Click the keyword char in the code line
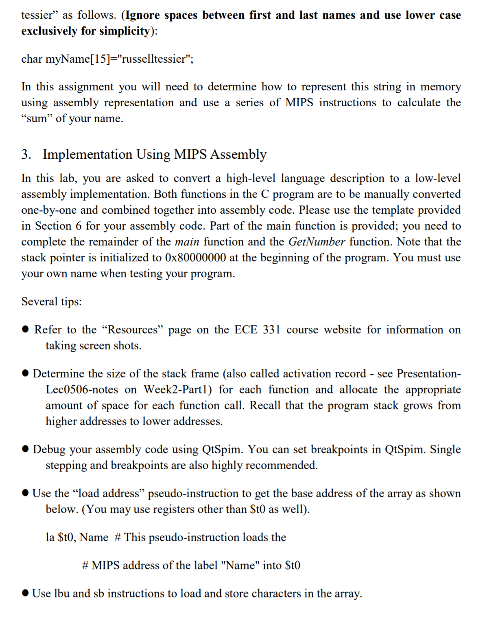[32, 59]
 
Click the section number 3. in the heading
[26, 154]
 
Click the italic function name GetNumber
[317, 242]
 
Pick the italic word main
[187, 242]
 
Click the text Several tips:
[51, 302]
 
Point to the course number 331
[271, 330]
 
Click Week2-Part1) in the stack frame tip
[178, 390]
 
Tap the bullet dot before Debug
[26, 449]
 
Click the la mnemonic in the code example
[50, 537]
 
